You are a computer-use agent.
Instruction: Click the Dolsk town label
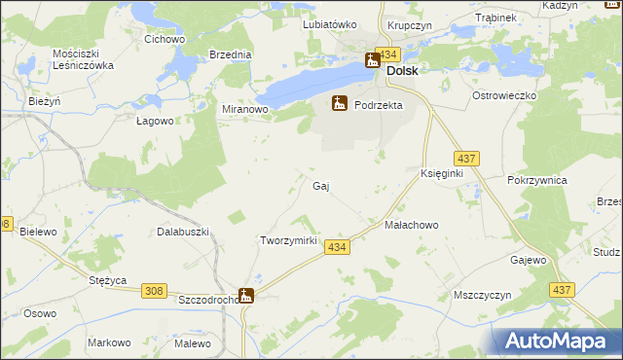(x=403, y=71)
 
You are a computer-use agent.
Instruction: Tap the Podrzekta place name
(x=379, y=104)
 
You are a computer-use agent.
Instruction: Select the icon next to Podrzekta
(x=340, y=102)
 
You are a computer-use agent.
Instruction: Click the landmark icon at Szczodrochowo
(x=246, y=297)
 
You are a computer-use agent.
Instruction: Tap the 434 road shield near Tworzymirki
(x=337, y=248)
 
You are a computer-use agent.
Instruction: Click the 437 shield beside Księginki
(x=465, y=158)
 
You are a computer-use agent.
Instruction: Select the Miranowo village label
(x=244, y=109)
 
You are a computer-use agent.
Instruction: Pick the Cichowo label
(x=165, y=39)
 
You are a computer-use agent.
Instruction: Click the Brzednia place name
(x=230, y=54)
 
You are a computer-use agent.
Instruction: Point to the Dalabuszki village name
(x=183, y=232)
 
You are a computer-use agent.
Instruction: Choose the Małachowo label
(x=412, y=224)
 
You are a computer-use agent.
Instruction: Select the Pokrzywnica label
(x=537, y=181)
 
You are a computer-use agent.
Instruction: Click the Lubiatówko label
(x=330, y=24)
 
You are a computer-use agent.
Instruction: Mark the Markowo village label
(x=109, y=342)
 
